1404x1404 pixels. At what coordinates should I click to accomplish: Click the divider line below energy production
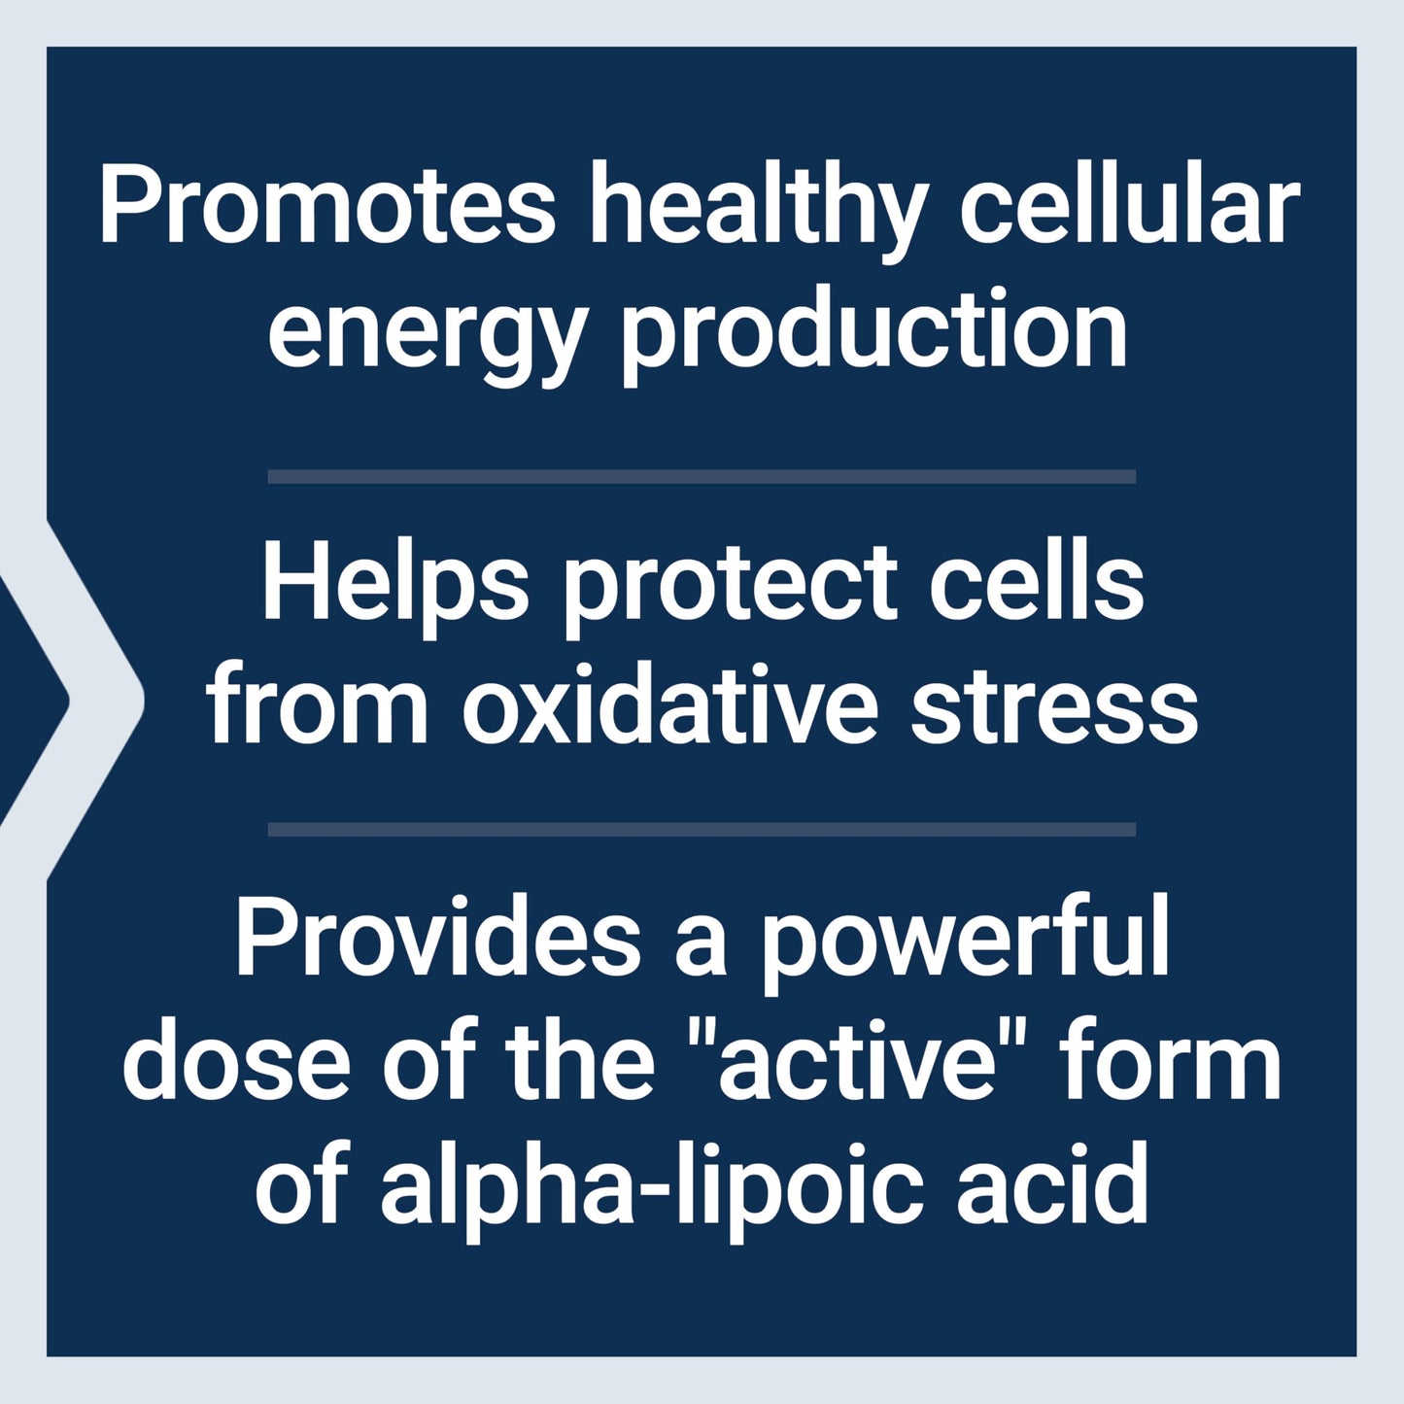tap(702, 476)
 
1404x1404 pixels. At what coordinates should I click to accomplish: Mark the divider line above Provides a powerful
tap(702, 830)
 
